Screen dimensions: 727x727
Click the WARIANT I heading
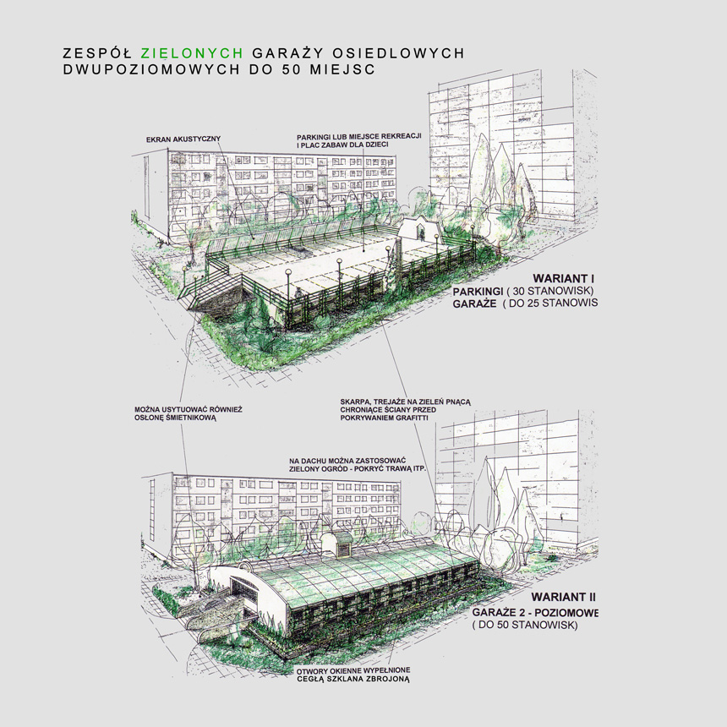[x=564, y=277]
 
